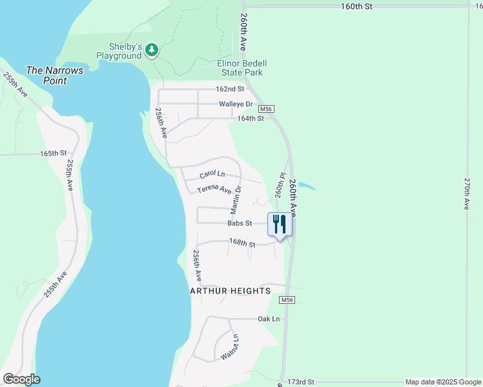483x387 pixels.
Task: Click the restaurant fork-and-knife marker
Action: coord(280,224)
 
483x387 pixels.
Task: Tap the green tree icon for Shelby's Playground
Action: coord(152,50)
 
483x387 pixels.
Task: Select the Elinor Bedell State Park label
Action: coord(241,68)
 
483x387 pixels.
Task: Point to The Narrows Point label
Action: coord(55,75)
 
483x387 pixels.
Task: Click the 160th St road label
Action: coord(357,6)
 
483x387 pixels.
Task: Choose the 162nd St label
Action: coord(230,89)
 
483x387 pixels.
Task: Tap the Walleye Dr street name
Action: coord(235,104)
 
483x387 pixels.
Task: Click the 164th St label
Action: coord(251,119)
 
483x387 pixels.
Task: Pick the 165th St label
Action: coord(54,154)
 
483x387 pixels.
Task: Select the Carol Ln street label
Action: coord(212,174)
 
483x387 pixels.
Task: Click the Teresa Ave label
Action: coord(214,189)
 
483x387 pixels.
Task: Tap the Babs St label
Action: coord(239,223)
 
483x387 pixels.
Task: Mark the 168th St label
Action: coord(242,243)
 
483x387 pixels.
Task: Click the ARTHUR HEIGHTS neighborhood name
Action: coord(230,292)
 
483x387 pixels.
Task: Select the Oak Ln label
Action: coord(269,319)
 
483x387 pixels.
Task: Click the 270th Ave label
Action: coord(466,194)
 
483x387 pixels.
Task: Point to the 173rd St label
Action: coord(301,382)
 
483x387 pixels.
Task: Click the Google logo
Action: coord(21,379)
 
